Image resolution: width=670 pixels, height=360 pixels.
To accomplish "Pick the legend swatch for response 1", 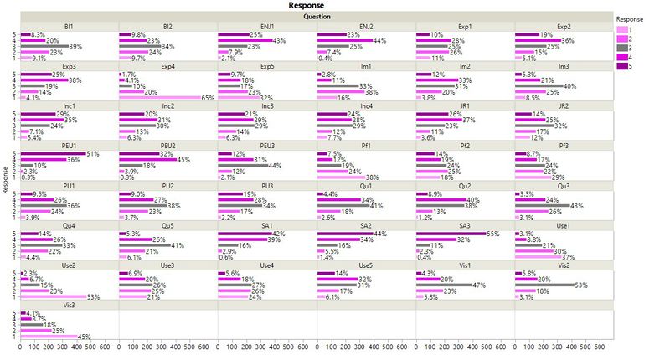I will click(623, 30).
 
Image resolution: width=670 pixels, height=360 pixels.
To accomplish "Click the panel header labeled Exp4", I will click(167, 65).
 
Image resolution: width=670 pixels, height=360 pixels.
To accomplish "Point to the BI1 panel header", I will click(69, 26).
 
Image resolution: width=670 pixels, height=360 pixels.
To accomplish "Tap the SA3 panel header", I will click(465, 225).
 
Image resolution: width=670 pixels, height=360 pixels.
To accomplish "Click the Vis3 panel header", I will click(69, 306).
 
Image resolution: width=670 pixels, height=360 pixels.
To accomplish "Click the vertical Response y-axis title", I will click(5, 179).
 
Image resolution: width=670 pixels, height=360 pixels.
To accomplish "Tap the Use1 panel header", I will click(564, 225).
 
